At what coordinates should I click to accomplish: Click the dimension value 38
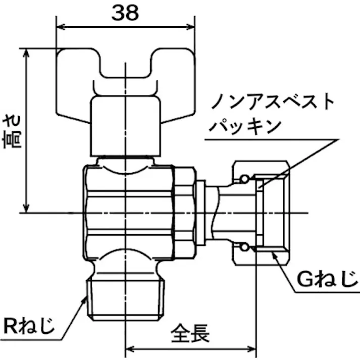click(125, 14)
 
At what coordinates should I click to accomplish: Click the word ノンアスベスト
click(273, 103)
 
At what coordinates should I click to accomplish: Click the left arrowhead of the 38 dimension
click(60, 28)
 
